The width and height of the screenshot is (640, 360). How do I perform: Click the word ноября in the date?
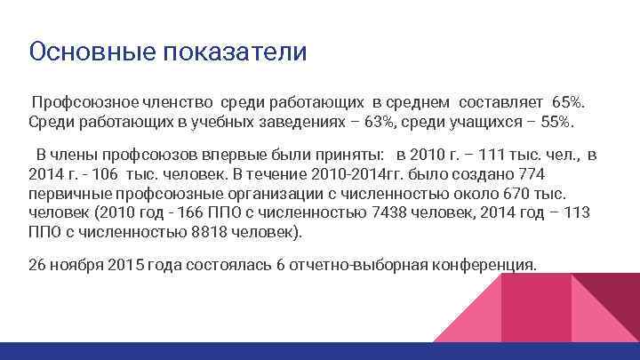(x=76, y=264)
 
